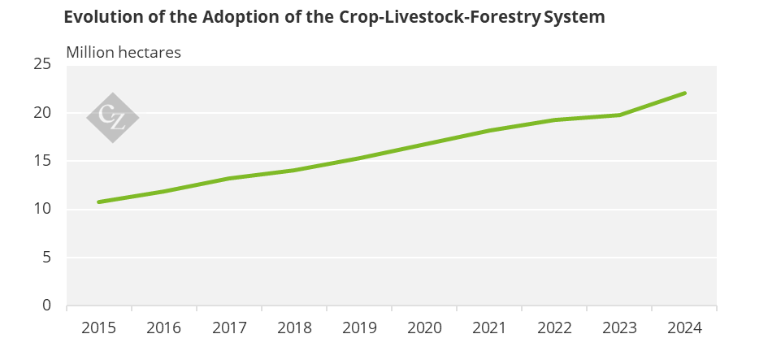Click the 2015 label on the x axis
click(x=99, y=327)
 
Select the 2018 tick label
click(x=294, y=327)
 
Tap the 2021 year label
click(x=488, y=327)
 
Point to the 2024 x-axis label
click(x=684, y=327)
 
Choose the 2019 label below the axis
click(x=359, y=327)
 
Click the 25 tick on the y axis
click(x=42, y=64)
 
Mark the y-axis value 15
click(x=42, y=161)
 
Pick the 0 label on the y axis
click(x=46, y=305)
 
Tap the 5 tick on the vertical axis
click(x=46, y=257)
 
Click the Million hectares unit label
click(x=124, y=52)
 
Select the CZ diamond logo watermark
click(x=113, y=118)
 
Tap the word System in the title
click(x=574, y=18)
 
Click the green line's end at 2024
click(x=684, y=93)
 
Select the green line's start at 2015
click(x=99, y=202)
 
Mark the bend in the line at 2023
click(x=619, y=115)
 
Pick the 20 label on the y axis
click(x=42, y=112)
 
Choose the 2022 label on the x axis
click(x=554, y=327)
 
